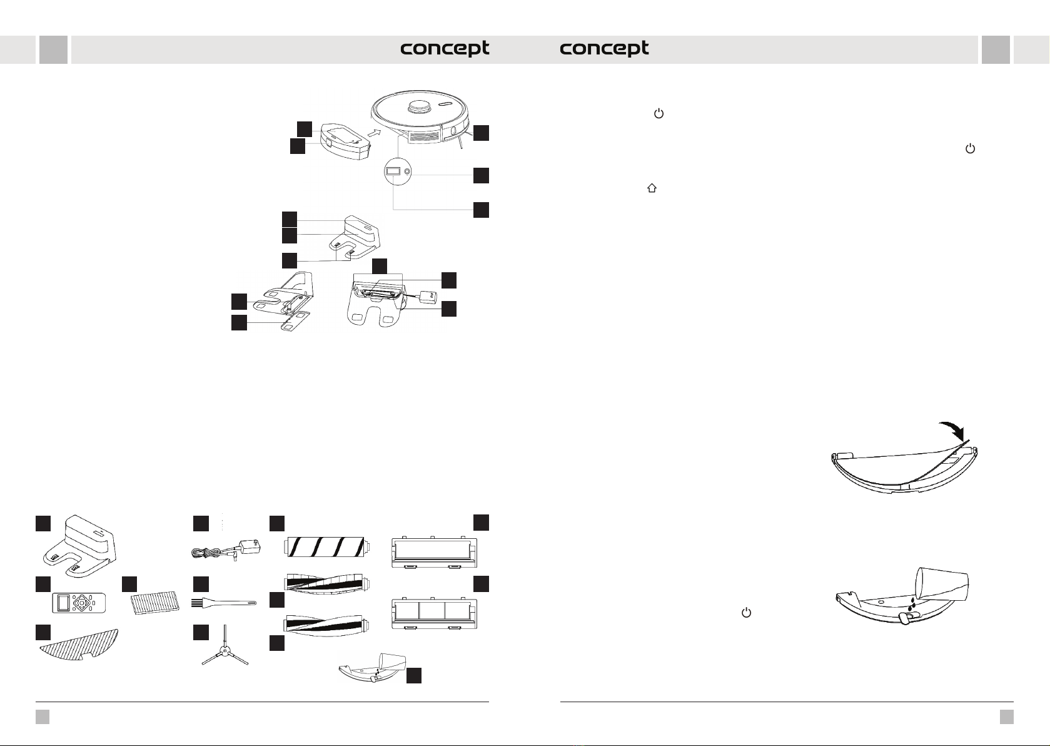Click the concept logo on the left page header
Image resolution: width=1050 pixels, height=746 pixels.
point(445,49)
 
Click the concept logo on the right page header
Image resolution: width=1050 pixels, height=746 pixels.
point(604,49)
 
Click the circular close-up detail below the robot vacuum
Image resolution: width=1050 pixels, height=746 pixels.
point(398,171)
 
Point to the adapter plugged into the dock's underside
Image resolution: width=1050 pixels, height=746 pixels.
point(429,296)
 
